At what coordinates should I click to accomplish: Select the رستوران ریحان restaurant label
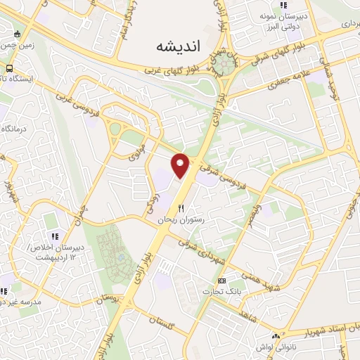tap(179, 220)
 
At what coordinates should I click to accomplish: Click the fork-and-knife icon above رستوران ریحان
tap(181, 209)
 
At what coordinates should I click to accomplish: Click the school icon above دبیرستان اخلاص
tap(54, 236)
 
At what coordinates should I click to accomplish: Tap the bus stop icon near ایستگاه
tap(10, 69)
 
